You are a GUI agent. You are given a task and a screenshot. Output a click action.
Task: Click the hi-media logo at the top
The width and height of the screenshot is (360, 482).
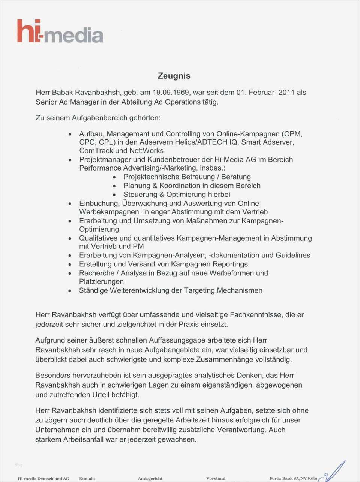[x=60, y=31]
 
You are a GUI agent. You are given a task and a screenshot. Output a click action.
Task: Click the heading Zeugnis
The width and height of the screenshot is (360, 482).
[x=174, y=76]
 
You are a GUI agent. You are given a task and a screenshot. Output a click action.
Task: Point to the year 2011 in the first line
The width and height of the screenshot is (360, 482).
[x=286, y=93]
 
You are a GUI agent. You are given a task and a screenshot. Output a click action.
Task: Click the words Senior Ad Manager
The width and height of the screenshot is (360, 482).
[x=66, y=102]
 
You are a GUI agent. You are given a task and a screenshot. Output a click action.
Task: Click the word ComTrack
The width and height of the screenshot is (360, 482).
[x=96, y=151]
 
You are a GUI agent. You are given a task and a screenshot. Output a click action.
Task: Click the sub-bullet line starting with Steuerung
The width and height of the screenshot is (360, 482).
[x=177, y=195]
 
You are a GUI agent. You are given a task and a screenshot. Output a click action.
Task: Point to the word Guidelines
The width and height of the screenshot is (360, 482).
[x=293, y=255]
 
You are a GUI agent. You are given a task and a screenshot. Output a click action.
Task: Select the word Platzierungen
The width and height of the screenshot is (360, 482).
[x=101, y=281]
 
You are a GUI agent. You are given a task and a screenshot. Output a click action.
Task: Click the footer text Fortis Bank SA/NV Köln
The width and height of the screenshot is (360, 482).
[x=293, y=478]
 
